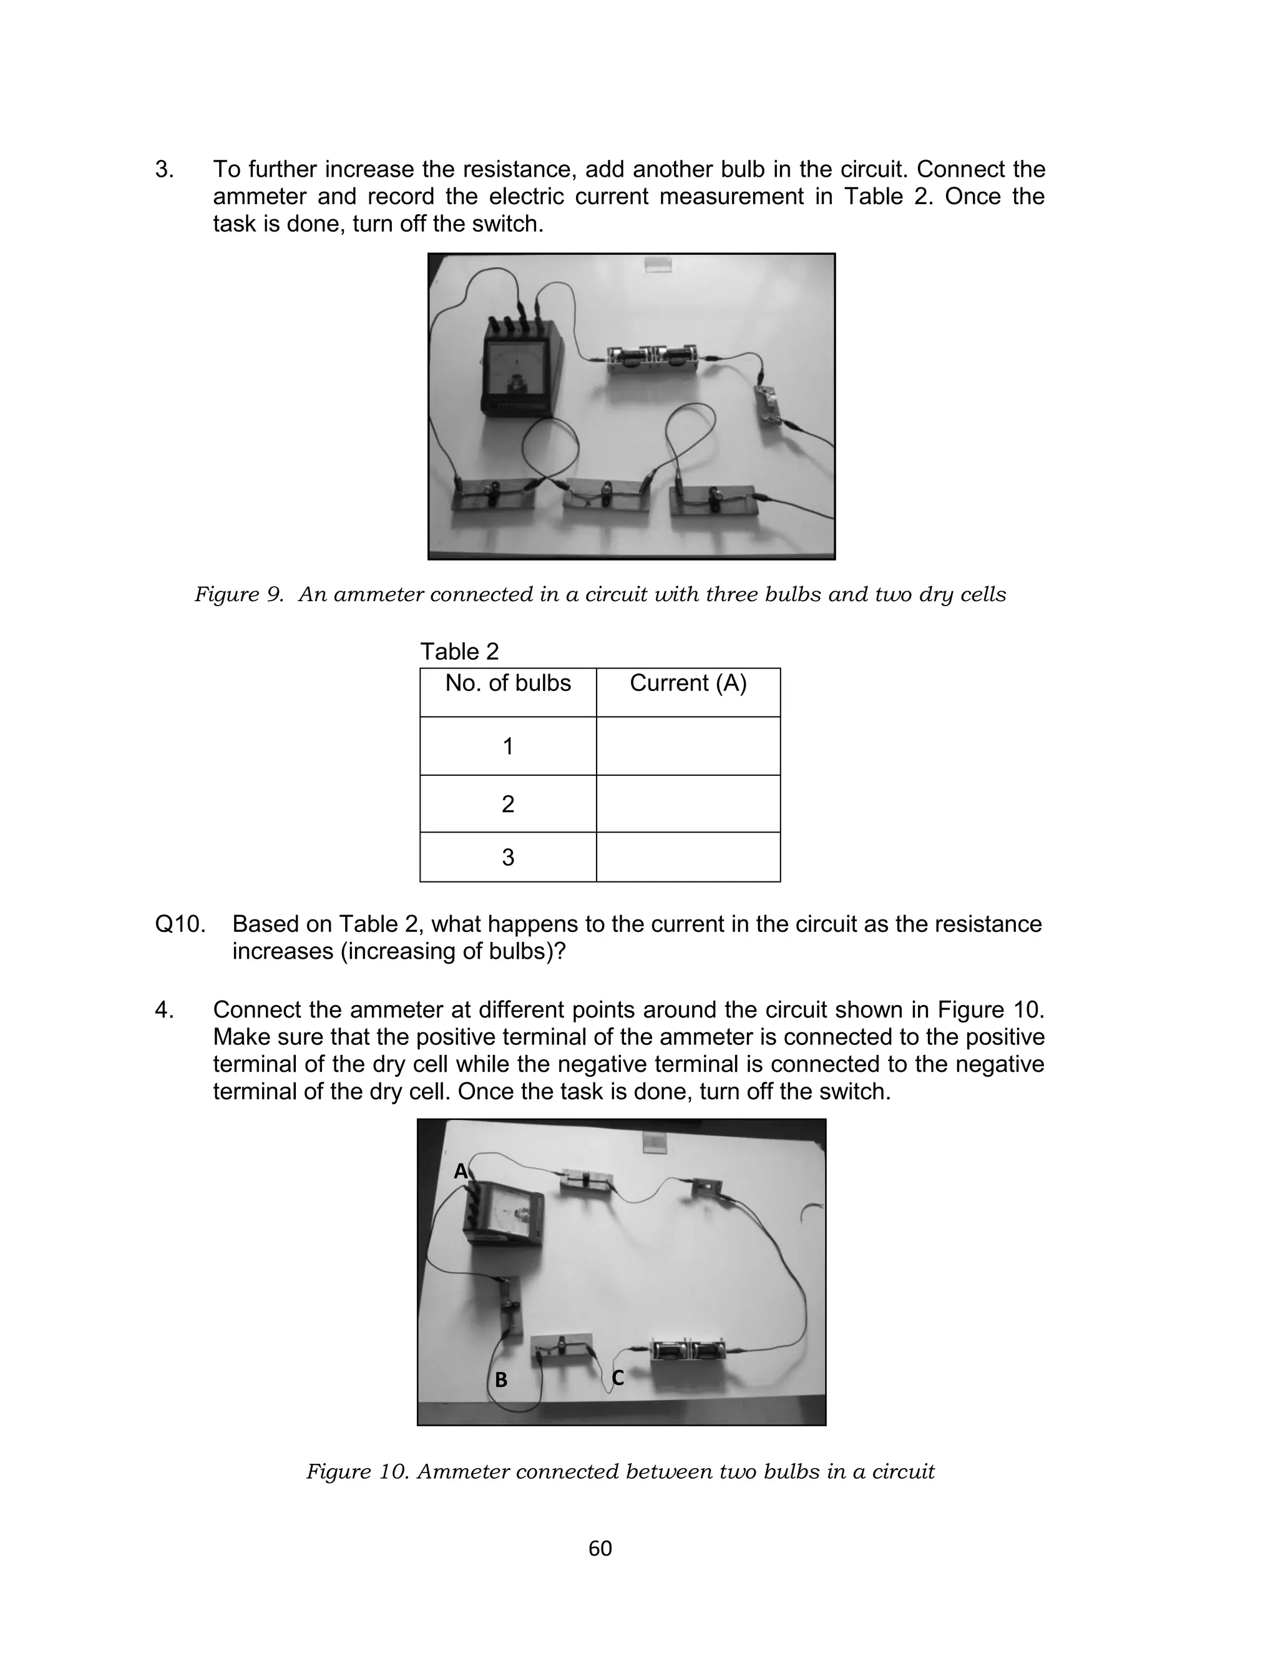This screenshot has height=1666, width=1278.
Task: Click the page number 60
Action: (x=600, y=1548)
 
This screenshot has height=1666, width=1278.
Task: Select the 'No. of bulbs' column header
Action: (x=507, y=683)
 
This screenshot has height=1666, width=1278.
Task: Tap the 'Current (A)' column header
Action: (x=688, y=683)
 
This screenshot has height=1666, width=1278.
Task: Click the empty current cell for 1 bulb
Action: (x=688, y=745)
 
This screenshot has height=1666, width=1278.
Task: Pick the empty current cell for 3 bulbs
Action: (x=688, y=857)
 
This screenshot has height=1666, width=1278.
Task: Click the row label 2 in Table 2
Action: (x=507, y=804)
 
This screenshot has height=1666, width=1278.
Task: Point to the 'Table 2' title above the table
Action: (x=459, y=651)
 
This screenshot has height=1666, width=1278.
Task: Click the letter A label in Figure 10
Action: (x=461, y=1171)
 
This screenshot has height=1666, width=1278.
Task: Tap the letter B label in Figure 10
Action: (x=500, y=1379)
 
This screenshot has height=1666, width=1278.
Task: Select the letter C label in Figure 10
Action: (x=618, y=1378)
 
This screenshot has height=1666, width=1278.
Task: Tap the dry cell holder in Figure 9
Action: (x=654, y=357)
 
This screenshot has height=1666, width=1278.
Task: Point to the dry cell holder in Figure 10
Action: (x=688, y=1351)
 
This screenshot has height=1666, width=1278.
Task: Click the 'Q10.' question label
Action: (x=180, y=924)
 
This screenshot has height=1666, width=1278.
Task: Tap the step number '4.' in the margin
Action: (x=164, y=1010)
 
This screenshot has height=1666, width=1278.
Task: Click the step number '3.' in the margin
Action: (x=164, y=169)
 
